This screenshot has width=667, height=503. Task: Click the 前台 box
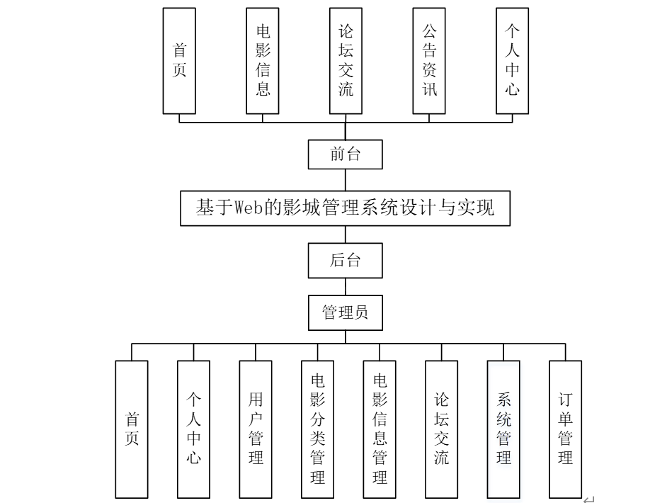coord(346,154)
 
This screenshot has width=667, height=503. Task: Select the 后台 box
coord(346,260)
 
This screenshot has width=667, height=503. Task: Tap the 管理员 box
coord(346,312)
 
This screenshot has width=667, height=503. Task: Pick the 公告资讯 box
coord(429,61)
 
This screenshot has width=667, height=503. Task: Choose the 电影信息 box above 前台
coord(263,61)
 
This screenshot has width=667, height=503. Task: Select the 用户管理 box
coord(256,429)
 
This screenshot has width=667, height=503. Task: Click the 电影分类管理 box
coord(318,429)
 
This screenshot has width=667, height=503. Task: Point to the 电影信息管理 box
coord(380,429)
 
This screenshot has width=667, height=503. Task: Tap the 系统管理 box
coord(503,429)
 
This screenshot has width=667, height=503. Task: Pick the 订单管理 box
coord(565,429)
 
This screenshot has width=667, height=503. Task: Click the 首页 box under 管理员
coord(132,429)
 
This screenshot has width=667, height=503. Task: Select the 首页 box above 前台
coord(179,61)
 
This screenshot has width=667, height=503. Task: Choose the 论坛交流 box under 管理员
coord(442,429)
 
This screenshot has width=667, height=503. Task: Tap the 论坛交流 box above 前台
coord(346,61)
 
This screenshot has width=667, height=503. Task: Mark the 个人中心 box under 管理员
coord(193,429)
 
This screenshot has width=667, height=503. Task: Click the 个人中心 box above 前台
coord(512,61)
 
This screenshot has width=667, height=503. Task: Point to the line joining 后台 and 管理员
coord(346,286)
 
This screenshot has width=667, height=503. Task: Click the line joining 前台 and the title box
coord(346,180)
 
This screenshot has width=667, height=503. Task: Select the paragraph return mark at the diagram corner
coord(588,499)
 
